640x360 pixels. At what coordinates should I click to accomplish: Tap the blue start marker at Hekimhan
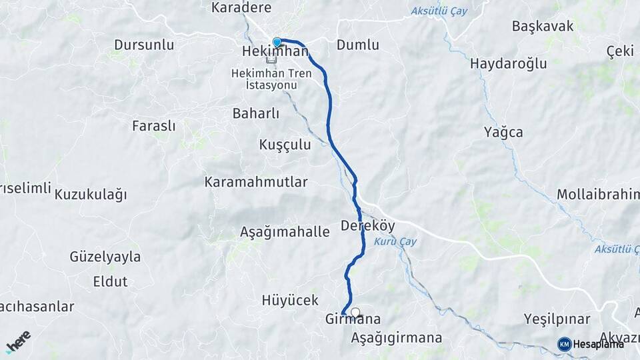[x=277, y=42]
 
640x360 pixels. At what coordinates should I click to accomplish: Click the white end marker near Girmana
[x=355, y=311]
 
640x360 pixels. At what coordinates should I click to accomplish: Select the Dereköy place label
[x=368, y=225]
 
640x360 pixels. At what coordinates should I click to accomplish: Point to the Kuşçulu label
[x=285, y=145]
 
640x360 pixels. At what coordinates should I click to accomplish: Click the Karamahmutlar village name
[x=256, y=181]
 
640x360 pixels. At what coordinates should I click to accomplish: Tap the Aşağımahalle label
[x=285, y=232]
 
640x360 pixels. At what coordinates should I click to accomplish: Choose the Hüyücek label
[x=290, y=300]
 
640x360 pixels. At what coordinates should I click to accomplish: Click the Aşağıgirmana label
[x=396, y=337]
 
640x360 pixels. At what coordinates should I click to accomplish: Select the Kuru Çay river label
[x=395, y=241]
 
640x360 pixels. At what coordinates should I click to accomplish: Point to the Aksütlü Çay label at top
[x=439, y=11]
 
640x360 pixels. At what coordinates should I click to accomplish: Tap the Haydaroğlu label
[x=508, y=64]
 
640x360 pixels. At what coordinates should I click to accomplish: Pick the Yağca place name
[x=503, y=132]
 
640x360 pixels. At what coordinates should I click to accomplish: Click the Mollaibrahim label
[x=599, y=195]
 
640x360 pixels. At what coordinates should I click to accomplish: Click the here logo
[x=18, y=342]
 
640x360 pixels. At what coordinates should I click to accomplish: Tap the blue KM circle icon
[x=565, y=344]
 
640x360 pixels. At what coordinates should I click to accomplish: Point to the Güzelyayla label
[x=105, y=257]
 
